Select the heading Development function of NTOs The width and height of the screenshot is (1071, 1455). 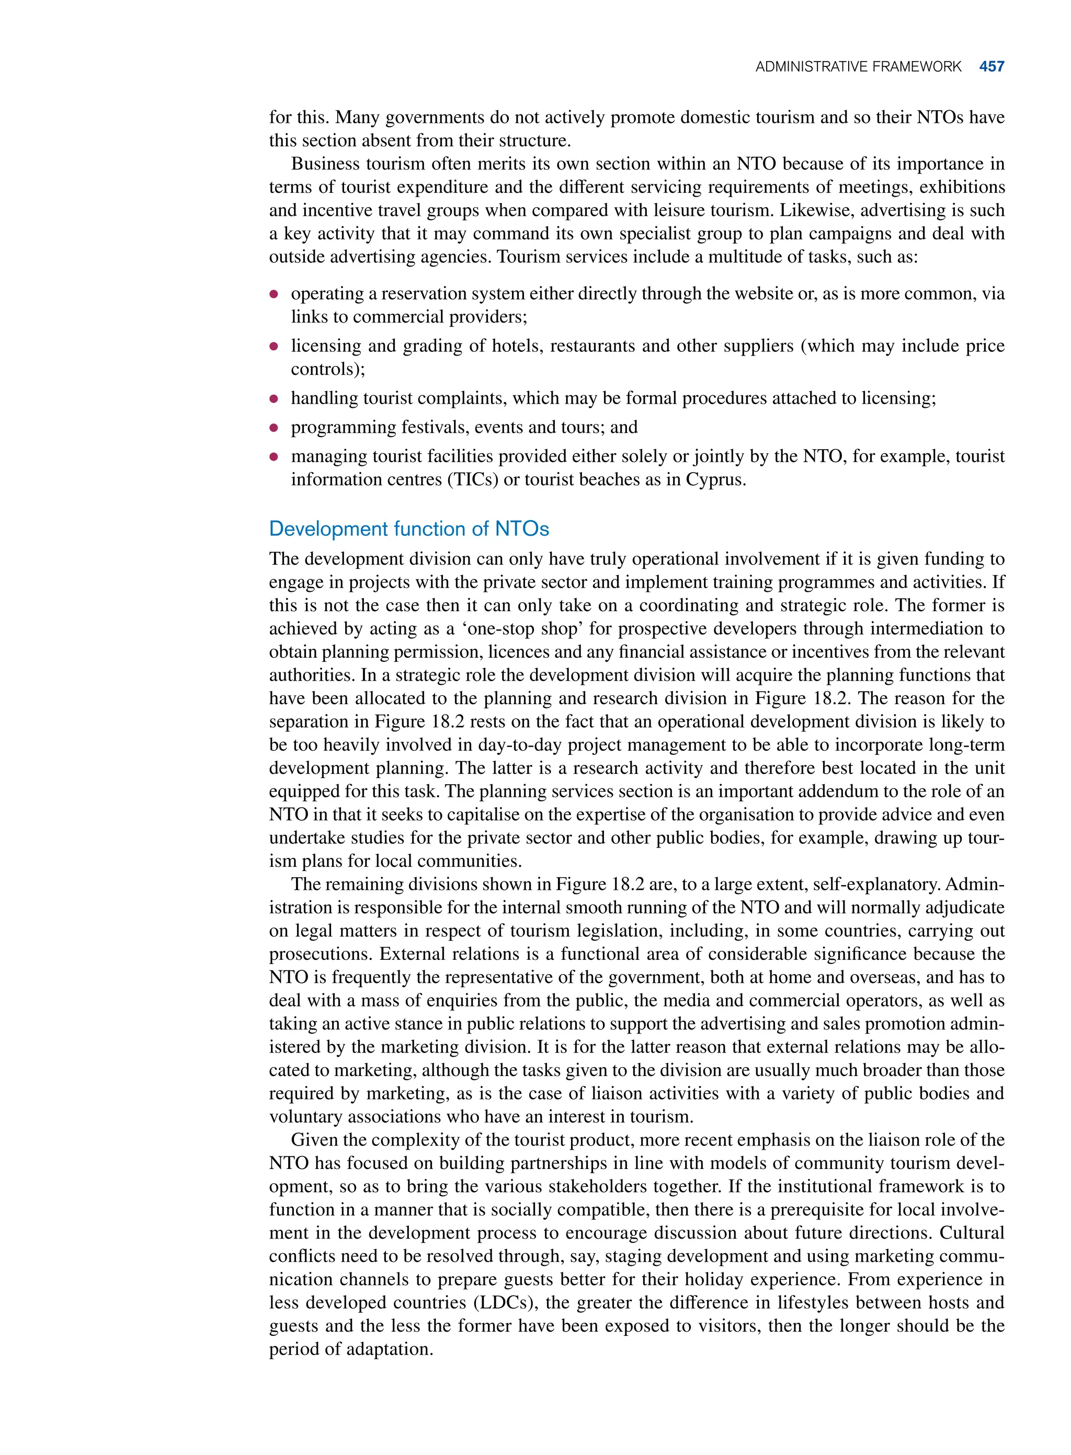(408, 529)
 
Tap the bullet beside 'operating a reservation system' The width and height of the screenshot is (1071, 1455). (274, 294)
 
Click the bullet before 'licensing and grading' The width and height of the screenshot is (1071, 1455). (274, 347)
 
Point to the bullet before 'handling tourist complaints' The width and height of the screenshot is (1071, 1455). (274, 398)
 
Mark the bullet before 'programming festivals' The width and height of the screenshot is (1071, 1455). (274, 428)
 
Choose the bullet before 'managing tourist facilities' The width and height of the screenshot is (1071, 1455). (274, 457)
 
